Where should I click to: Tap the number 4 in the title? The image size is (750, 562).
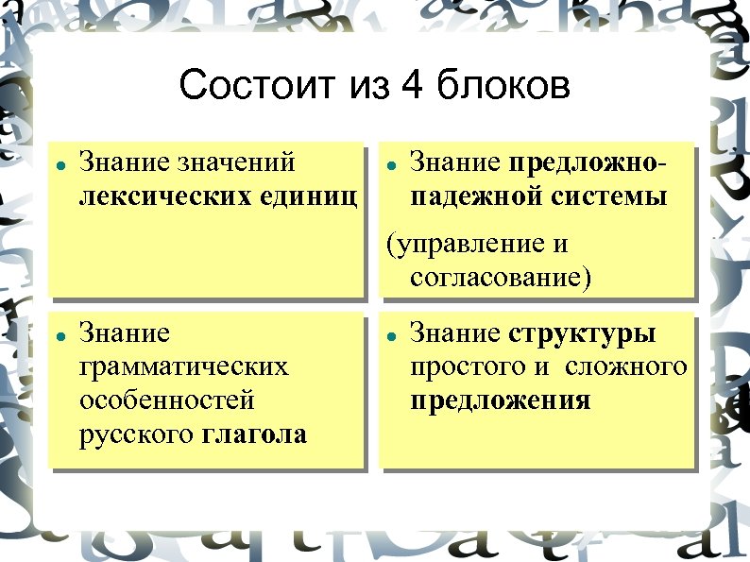[x=411, y=86]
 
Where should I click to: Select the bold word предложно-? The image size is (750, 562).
[x=587, y=162]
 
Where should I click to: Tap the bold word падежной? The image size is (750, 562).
[x=467, y=196]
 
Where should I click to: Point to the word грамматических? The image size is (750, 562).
[x=184, y=366]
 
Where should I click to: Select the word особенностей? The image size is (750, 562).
[x=167, y=400]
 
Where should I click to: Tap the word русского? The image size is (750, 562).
[x=136, y=434]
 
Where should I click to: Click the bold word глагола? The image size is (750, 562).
[x=254, y=434]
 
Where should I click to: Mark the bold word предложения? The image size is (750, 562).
[x=501, y=400]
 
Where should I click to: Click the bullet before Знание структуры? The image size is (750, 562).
[x=389, y=335]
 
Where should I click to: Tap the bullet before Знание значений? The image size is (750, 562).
[x=59, y=164]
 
